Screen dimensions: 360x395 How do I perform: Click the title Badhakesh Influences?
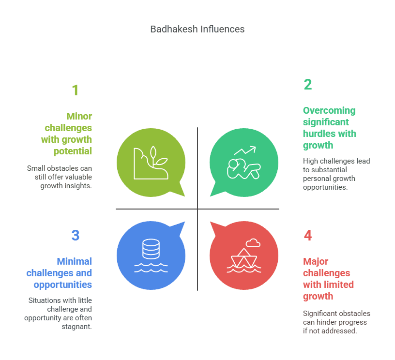(x=197, y=29)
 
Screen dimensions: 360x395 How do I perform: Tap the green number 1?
(x=75, y=90)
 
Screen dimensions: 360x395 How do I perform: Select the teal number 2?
(x=308, y=85)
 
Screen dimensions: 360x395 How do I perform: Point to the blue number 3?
(x=75, y=236)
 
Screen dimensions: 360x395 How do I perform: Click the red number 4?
(x=308, y=236)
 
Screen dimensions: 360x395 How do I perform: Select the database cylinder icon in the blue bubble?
(x=151, y=249)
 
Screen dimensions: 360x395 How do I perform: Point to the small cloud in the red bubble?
(x=253, y=242)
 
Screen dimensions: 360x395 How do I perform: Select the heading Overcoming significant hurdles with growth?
(x=329, y=128)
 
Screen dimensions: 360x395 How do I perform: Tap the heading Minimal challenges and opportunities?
(x=60, y=273)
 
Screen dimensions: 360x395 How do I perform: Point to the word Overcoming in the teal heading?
(x=329, y=110)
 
